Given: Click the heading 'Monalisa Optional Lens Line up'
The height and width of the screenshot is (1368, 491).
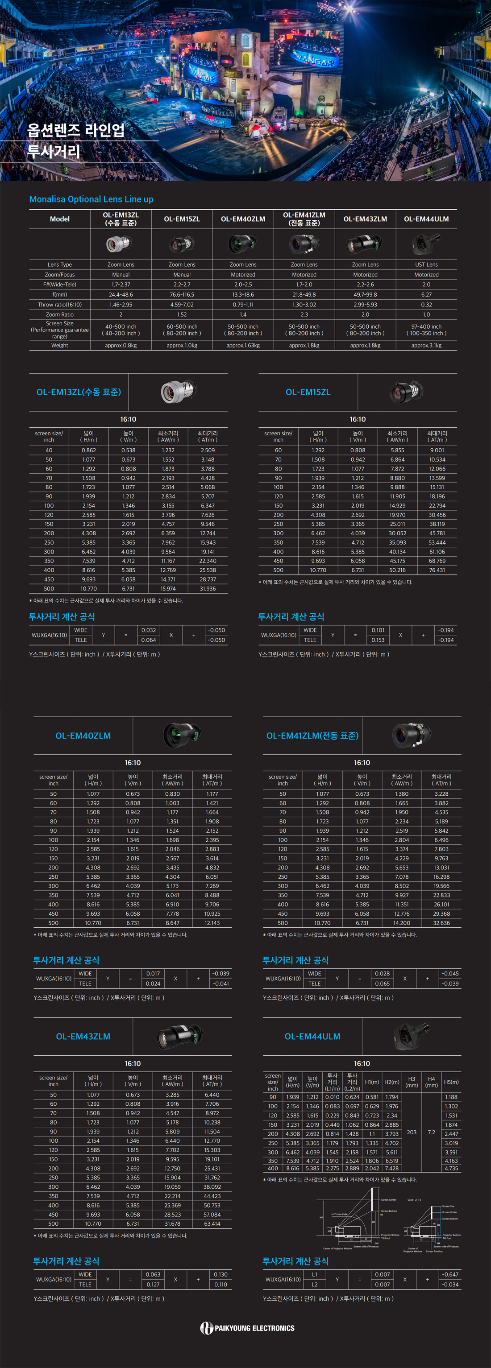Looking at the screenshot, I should pos(91,199).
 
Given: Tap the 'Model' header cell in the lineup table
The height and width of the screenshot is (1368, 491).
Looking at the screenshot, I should pos(59,219).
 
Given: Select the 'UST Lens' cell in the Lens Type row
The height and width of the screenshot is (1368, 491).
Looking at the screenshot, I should pos(426,265).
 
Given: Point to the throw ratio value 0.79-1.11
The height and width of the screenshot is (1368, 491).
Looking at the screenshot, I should pos(243,305).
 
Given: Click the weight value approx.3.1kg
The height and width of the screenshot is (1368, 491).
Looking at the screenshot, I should pos(426,345).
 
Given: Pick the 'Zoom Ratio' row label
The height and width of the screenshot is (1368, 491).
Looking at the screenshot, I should pos(59,314).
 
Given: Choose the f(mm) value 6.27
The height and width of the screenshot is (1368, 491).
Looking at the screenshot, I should pos(426,295).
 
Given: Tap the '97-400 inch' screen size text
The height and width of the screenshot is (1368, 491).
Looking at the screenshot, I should pos(426,327).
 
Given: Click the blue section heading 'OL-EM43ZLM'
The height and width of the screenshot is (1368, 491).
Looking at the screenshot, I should pos(83,1036).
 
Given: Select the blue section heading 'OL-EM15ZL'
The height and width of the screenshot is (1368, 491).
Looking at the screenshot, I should pos(308,392).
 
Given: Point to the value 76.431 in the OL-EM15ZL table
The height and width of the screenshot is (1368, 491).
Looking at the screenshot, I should pos(437,570).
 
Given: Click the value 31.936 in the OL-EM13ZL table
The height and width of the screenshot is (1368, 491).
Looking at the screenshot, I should pos(207,588).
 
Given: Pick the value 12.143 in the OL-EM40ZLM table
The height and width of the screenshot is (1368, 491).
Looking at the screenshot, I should pos(212,923).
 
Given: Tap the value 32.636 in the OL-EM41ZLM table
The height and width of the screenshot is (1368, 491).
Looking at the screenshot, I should pos(441,923).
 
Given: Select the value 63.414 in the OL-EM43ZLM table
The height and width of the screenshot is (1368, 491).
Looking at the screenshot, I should pos(212,1223).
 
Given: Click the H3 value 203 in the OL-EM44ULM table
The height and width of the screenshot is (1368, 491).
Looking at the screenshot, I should pos(411,1132).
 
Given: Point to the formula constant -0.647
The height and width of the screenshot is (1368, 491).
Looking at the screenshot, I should pos(449,1274).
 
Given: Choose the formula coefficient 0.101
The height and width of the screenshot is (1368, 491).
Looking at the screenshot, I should pos(378,630).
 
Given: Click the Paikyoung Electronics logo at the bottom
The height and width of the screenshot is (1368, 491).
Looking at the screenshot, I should pos(247,1328).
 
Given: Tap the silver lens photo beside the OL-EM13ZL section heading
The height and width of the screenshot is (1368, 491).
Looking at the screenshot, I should pos(178,392).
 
